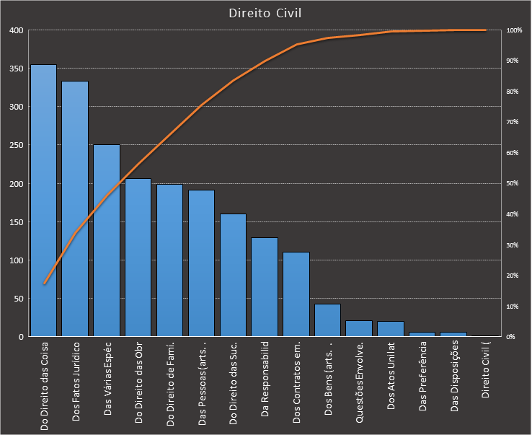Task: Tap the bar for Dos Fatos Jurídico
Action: (x=75, y=209)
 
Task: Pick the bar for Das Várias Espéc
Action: (x=107, y=241)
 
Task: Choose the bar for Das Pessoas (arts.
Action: (x=201, y=263)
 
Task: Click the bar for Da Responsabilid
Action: (x=265, y=287)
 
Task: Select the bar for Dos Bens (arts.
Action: (x=327, y=320)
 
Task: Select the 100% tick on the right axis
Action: (x=514, y=30)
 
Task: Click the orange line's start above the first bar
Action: (x=44, y=284)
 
